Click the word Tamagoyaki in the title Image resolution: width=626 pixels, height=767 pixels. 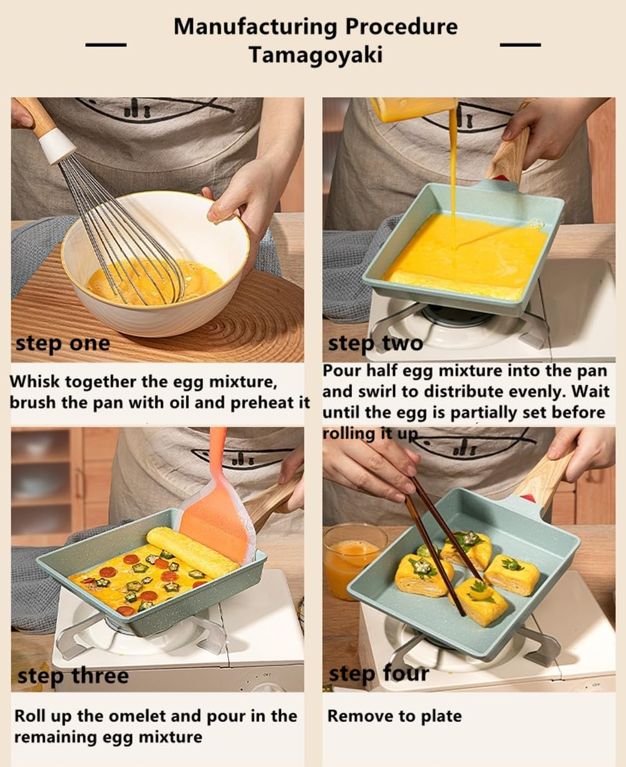(316, 55)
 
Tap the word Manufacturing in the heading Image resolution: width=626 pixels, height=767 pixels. (255, 26)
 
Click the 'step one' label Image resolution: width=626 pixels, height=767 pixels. (63, 343)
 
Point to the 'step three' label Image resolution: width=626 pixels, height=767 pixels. (73, 676)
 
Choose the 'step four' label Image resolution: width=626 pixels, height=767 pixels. (379, 674)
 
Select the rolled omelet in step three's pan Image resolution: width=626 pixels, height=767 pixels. (192, 551)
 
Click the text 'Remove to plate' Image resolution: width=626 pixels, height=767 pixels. (394, 716)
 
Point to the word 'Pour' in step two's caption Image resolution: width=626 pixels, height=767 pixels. (342, 371)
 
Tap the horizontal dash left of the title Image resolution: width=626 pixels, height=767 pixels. (105, 44)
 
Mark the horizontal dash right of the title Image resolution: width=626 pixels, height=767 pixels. (520, 44)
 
